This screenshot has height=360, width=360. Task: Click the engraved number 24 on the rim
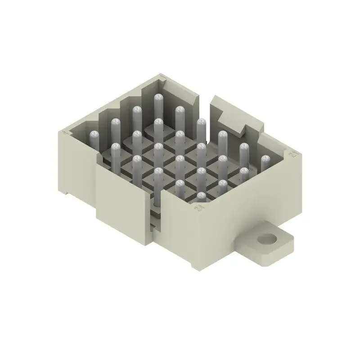[x=197, y=207]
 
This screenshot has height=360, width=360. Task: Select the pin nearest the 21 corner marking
[x=265, y=159]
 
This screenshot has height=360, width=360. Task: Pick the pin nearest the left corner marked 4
[x=94, y=135]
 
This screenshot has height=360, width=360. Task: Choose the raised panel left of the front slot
[x=121, y=202]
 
